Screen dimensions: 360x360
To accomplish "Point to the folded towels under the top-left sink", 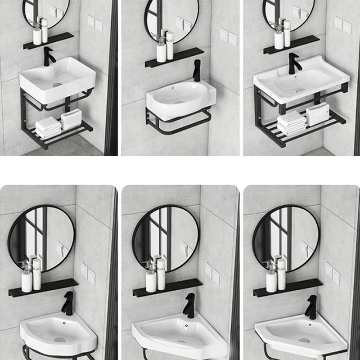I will point(49,127).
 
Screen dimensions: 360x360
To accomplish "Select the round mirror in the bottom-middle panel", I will point(166,238).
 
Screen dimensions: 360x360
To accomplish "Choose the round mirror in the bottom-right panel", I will point(286,238).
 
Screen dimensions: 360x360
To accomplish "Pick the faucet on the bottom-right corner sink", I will point(311,307).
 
